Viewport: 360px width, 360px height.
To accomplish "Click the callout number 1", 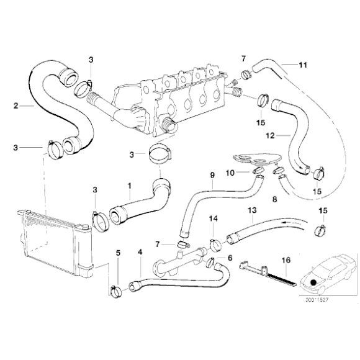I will pos(129,185).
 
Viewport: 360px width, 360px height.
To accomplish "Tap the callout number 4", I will pos(140,253).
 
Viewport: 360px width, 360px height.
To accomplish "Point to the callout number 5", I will pos(119,253).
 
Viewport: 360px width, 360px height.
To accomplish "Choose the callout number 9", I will pos(212,175).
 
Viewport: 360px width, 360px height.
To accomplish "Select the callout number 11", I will pos(303,65).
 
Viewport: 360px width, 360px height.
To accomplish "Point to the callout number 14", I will pos(213,218).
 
